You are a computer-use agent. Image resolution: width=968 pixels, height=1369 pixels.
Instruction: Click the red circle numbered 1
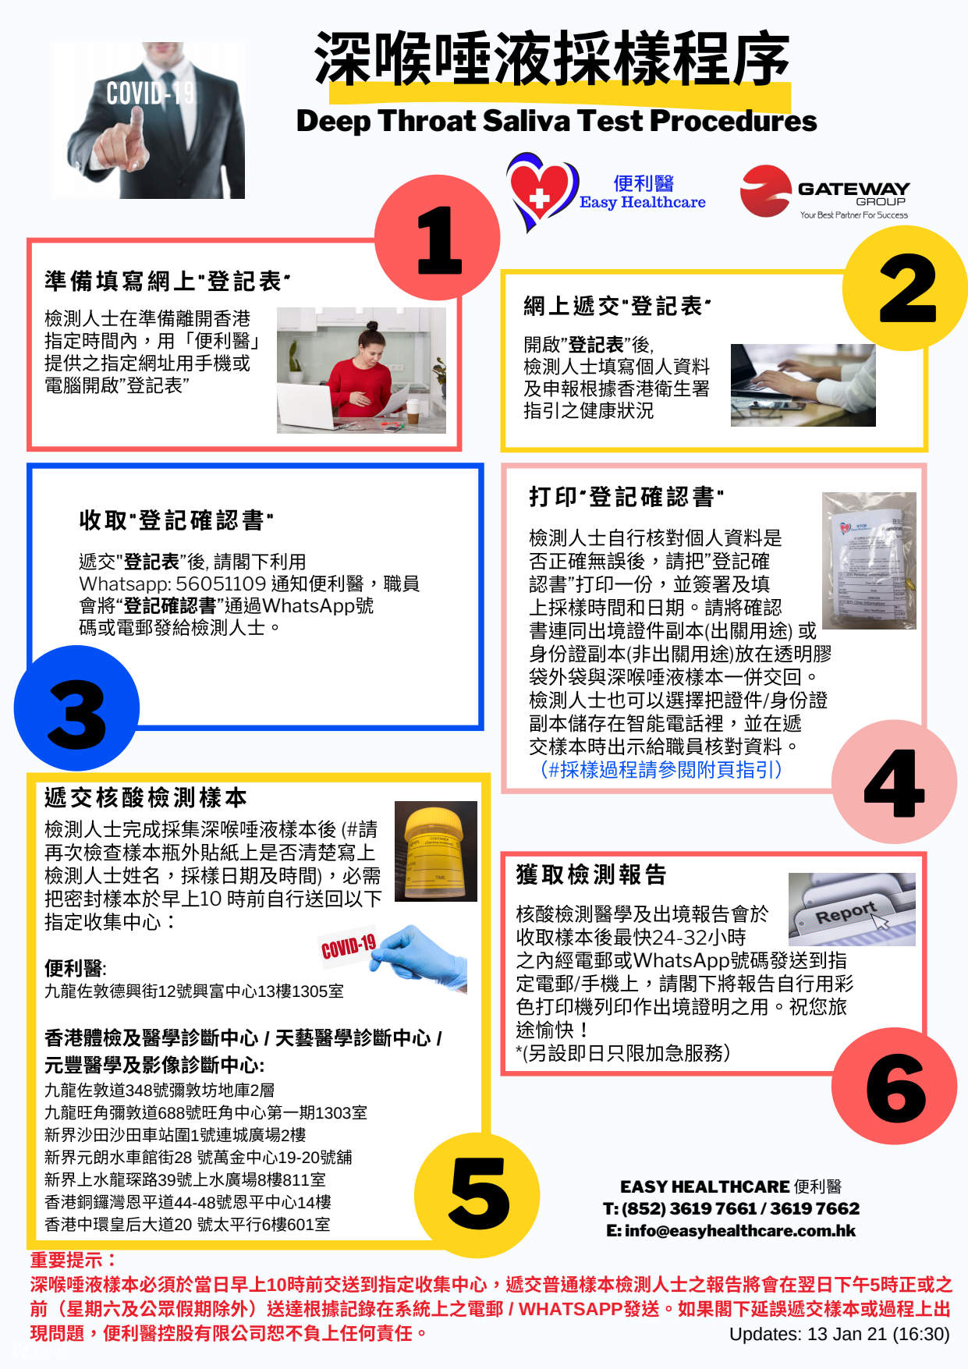pos(437,238)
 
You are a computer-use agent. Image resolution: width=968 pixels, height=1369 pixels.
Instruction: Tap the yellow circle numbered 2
pos(906,288)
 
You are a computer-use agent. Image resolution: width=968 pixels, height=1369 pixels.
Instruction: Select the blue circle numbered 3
pos(76,708)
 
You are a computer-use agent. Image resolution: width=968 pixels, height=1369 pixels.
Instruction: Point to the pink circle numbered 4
pos(894,782)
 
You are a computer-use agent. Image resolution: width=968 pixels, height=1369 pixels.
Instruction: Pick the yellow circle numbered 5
pos(477,1194)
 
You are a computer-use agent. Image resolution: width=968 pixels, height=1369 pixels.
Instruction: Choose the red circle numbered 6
pos(894,1086)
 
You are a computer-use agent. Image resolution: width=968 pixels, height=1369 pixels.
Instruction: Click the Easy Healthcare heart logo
pos(541,191)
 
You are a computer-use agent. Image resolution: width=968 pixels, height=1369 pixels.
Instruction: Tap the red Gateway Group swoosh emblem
pos(765,191)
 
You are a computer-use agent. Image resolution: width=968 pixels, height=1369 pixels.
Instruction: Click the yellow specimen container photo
pos(435,851)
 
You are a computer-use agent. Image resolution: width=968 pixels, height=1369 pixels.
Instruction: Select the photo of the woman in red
pos(361,370)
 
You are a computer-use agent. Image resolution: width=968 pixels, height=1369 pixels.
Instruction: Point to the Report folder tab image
pos(852,910)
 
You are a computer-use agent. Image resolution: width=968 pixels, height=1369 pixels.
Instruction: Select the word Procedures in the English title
pos(733,121)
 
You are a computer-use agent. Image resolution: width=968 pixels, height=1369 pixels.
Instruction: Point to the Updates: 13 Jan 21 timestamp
pos(839,1334)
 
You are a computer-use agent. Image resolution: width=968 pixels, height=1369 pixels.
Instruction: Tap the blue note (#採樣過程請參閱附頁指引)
pos(661,769)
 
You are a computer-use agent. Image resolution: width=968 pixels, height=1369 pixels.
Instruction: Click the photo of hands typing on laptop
pos(803,385)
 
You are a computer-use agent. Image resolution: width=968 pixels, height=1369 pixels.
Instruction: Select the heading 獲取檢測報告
pos(590,874)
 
